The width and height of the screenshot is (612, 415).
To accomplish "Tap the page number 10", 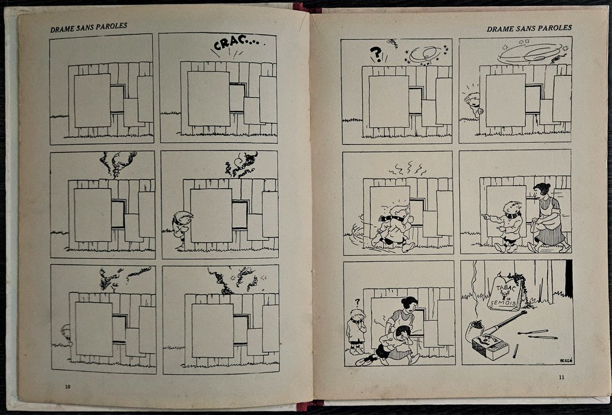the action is [68, 385].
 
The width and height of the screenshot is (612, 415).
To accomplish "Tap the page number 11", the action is [561, 378].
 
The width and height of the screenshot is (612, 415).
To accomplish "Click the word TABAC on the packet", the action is [502, 286].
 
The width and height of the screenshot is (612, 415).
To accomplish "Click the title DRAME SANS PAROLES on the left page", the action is [89, 26].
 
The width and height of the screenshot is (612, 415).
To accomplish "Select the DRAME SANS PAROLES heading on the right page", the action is [529, 28].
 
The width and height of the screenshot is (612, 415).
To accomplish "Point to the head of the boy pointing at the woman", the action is [513, 208].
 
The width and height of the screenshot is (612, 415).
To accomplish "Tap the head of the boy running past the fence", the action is [395, 211].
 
